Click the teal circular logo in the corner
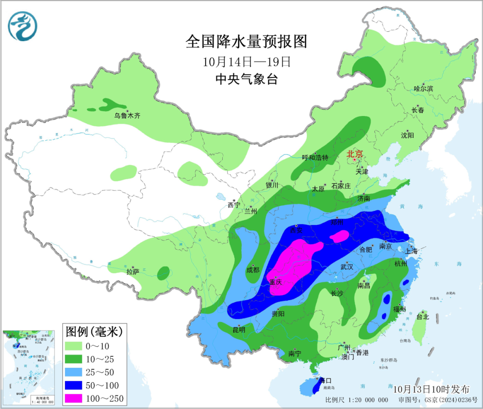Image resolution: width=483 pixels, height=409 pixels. (22, 25)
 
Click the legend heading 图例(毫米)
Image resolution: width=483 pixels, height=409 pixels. (93, 332)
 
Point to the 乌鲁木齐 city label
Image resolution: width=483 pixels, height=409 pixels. (127, 116)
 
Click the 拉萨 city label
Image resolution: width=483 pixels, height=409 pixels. (133, 271)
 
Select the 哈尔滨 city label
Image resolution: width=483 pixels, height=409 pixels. (424, 89)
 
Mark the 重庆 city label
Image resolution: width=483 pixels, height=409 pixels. (275, 282)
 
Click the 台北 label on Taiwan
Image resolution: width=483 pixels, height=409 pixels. (422, 317)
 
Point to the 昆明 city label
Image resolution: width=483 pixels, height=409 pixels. (239, 330)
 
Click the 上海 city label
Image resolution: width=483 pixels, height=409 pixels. (412, 251)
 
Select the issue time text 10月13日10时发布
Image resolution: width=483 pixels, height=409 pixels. (432, 388)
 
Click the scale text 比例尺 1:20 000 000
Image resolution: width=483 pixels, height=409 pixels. (356, 400)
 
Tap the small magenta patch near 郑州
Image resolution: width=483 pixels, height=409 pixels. (342, 236)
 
